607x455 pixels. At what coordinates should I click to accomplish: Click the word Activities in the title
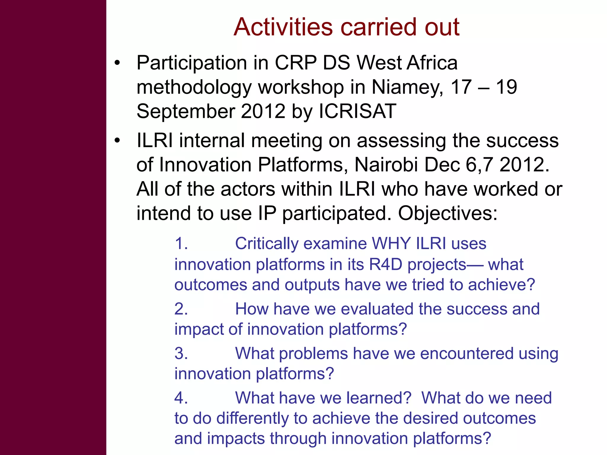tap(283, 27)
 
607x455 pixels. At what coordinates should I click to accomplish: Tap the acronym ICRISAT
tap(357, 111)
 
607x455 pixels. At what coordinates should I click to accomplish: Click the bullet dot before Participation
tap(118, 63)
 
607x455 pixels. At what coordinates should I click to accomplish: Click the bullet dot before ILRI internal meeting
tap(118, 140)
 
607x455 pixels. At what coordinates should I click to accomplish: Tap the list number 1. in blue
tap(181, 244)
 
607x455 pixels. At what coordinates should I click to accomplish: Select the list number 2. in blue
tap(181, 309)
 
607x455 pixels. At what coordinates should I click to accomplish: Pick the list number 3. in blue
tap(181, 353)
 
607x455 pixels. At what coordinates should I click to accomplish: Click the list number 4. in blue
tap(181, 398)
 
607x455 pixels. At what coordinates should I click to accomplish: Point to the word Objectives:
tap(448, 213)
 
